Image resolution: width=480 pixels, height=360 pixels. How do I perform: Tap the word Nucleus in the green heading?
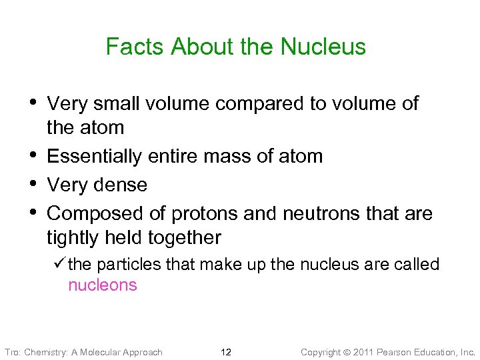coord(323,47)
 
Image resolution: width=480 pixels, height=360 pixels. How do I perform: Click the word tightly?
coord(73,237)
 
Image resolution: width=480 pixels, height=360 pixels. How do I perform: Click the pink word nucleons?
coord(103,285)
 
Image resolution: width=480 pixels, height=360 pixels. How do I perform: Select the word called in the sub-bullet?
coord(417,264)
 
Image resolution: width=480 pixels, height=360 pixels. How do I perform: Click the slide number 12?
coord(226,352)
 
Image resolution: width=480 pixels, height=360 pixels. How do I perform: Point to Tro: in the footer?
coord(13,352)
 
